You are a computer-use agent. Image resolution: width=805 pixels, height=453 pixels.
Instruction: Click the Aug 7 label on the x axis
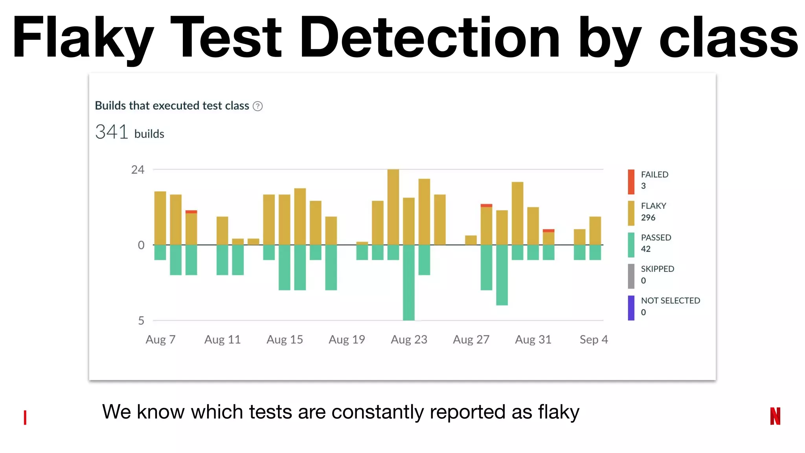pyautogui.click(x=160, y=339)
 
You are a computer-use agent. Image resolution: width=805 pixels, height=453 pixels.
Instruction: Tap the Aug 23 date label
pyautogui.click(x=409, y=339)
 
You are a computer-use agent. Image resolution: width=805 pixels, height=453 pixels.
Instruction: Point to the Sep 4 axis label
pyautogui.click(x=594, y=339)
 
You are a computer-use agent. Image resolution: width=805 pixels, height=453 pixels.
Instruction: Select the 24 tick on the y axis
pyautogui.click(x=138, y=170)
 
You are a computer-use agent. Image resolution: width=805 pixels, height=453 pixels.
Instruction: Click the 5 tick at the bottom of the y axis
pyautogui.click(x=141, y=320)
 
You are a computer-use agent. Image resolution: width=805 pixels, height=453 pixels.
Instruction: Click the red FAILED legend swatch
pyautogui.click(x=631, y=182)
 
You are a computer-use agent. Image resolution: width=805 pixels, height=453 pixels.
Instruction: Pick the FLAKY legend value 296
pyautogui.click(x=648, y=217)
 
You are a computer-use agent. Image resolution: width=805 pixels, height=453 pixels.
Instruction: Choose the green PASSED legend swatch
pyautogui.click(x=631, y=245)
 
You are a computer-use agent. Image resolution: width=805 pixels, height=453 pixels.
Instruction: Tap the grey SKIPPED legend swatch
pyautogui.click(x=631, y=276)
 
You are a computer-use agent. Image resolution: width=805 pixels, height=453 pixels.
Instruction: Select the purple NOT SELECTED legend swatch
pyautogui.click(x=631, y=308)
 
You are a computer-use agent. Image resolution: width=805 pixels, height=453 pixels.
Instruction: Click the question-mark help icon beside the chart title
pyautogui.click(x=257, y=106)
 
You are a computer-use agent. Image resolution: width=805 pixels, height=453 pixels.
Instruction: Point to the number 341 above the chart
pyautogui.click(x=112, y=132)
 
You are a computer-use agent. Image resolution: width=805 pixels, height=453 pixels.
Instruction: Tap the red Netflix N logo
pyautogui.click(x=775, y=416)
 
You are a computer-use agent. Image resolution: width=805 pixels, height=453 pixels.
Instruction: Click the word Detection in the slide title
pyautogui.click(x=430, y=38)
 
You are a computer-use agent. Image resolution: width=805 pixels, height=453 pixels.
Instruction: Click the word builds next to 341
pyautogui.click(x=149, y=134)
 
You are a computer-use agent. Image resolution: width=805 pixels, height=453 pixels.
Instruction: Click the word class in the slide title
pyautogui.click(x=728, y=38)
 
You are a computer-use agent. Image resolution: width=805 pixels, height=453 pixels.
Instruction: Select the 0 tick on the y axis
pyautogui.click(x=141, y=245)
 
